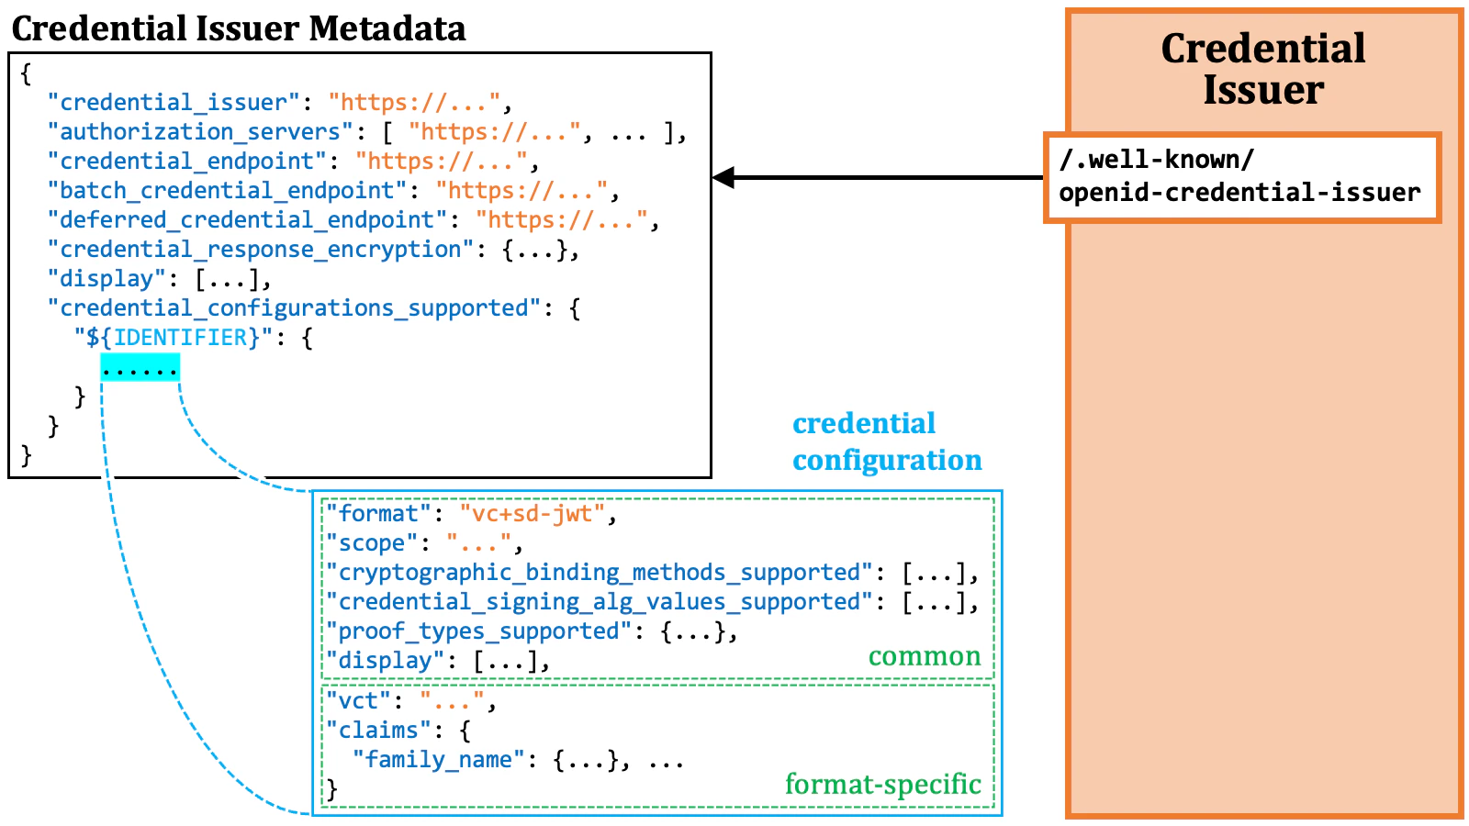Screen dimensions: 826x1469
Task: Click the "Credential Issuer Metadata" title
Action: pyautogui.click(x=239, y=28)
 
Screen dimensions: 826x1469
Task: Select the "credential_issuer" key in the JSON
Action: pyautogui.click(x=174, y=102)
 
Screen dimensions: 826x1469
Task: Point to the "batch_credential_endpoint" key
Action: pyautogui.click(x=227, y=190)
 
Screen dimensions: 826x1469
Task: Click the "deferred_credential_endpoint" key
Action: pyautogui.click(x=247, y=219)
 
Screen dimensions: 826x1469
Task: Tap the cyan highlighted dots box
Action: pyautogui.click(x=140, y=369)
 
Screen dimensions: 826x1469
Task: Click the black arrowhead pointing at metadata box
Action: pyautogui.click(x=723, y=177)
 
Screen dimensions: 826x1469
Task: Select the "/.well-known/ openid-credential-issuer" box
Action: pyautogui.click(x=1241, y=177)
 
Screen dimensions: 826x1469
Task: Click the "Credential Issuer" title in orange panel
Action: pyautogui.click(x=1263, y=69)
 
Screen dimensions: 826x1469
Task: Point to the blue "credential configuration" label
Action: pyautogui.click(x=886, y=441)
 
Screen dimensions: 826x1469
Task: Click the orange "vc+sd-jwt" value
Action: pyautogui.click(x=533, y=513)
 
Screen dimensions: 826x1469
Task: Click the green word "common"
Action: pyautogui.click(x=925, y=656)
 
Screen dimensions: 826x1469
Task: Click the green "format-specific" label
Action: pyautogui.click(x=882, y=784)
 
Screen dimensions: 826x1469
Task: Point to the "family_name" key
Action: pyautogui.click(x=439, y=759)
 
